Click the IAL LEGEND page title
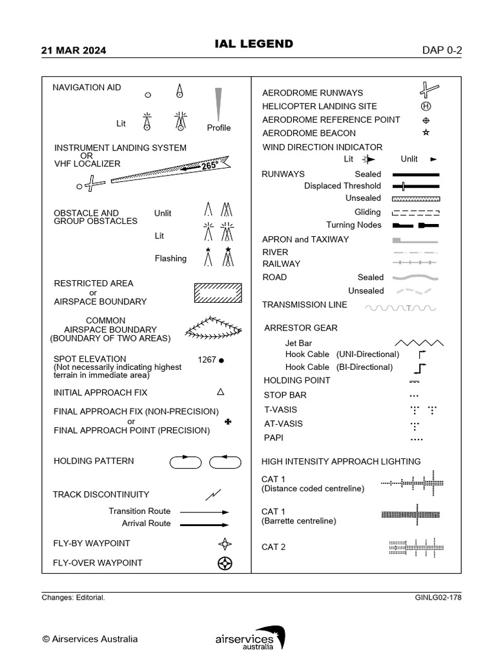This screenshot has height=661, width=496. (x=253, y=44)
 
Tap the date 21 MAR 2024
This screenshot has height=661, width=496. (x=74, y=50)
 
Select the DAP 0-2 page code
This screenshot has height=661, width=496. (x=442, y=50)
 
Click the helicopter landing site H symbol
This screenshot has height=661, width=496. (x=426, y=106)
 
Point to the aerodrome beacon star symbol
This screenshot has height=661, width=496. (x=426, y=133)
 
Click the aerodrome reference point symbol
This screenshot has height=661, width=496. (x=426, y=120)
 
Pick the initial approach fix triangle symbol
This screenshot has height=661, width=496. (x=220, y=392)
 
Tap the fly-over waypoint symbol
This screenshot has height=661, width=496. (x=225, y=563)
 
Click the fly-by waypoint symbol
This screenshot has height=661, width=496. (x=225, y=544)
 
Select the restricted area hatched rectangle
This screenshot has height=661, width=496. (x=218, y=292)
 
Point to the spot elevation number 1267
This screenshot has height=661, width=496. (x=207, y=360)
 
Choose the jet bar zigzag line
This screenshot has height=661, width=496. (x=419, y=342)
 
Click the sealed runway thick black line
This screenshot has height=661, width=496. (x=416, y=174)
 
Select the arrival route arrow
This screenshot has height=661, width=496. (x=204, y=525)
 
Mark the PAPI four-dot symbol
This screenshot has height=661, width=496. (x=416, y=440)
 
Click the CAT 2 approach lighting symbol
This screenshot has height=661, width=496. (x=416, y=547)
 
